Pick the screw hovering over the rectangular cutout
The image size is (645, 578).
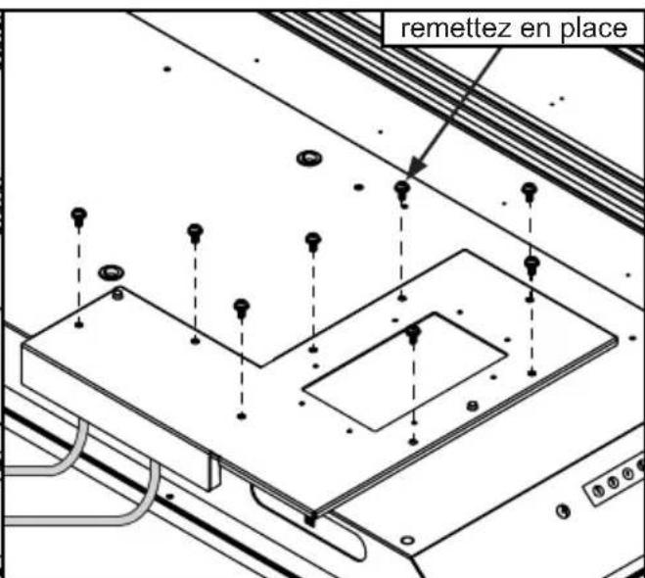click(x=413, y=333)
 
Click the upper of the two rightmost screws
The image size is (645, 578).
click(x=530, y=190)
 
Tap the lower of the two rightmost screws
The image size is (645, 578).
click(x=531, y=264)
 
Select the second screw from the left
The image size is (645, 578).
click(x=195, y=231)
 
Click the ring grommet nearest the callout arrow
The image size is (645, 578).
click(x=311, y=157)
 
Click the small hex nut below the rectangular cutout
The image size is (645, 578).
click(x=471, y=405)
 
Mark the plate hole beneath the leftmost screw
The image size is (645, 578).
click(x=79, y=323)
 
